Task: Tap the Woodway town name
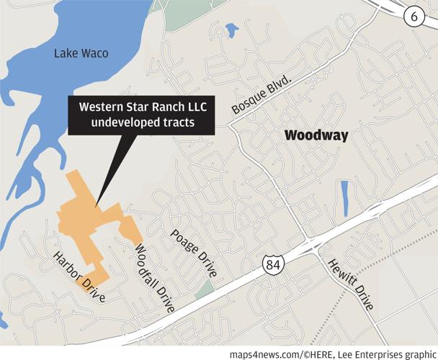pyautogui.click(x=316, y=135)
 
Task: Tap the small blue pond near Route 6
pyautogui.click(x=231, y=30)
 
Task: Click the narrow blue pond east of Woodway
pyautogui.click(x=344, y=197)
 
